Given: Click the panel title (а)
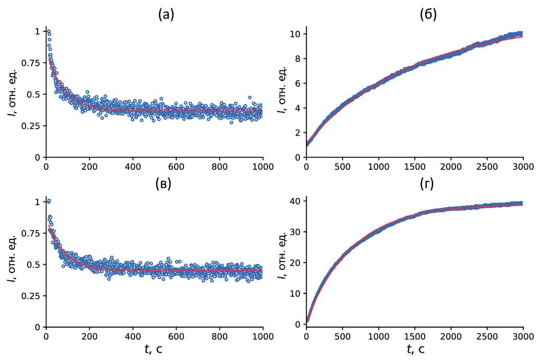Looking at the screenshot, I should [166, 15].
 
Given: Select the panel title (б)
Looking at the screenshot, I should [428, 15].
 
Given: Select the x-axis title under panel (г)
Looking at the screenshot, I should [415, 349].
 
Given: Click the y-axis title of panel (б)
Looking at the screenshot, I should [281, 93].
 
